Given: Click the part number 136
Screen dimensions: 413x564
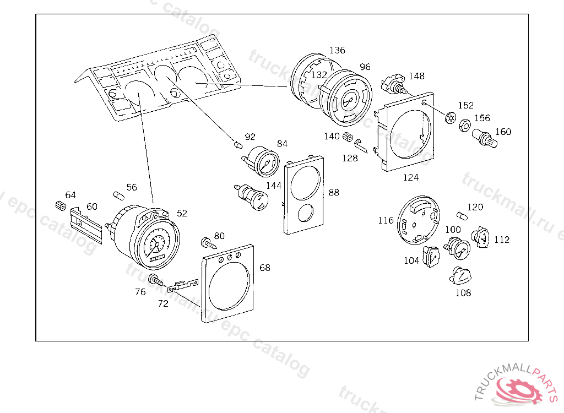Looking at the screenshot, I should tap(337, 50).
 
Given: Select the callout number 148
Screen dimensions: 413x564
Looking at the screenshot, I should tap(416, 76).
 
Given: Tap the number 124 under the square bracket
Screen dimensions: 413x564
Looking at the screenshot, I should tap(410, 177).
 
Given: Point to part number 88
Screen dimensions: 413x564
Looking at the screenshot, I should tap(334, 192).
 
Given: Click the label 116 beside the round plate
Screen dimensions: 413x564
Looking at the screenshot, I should tap(386, 220).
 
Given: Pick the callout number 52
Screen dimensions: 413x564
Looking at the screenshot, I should tap(182, 213).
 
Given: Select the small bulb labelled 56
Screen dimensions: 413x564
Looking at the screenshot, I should tap(117, 195).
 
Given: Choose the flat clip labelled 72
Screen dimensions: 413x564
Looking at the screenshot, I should tap(182, 285).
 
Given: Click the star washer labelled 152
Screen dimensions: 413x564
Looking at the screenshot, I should tap(450, 117).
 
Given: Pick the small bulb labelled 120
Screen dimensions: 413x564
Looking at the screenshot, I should tap(462, 215).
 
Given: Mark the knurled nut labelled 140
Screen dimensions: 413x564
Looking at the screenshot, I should tap(348, 136).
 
